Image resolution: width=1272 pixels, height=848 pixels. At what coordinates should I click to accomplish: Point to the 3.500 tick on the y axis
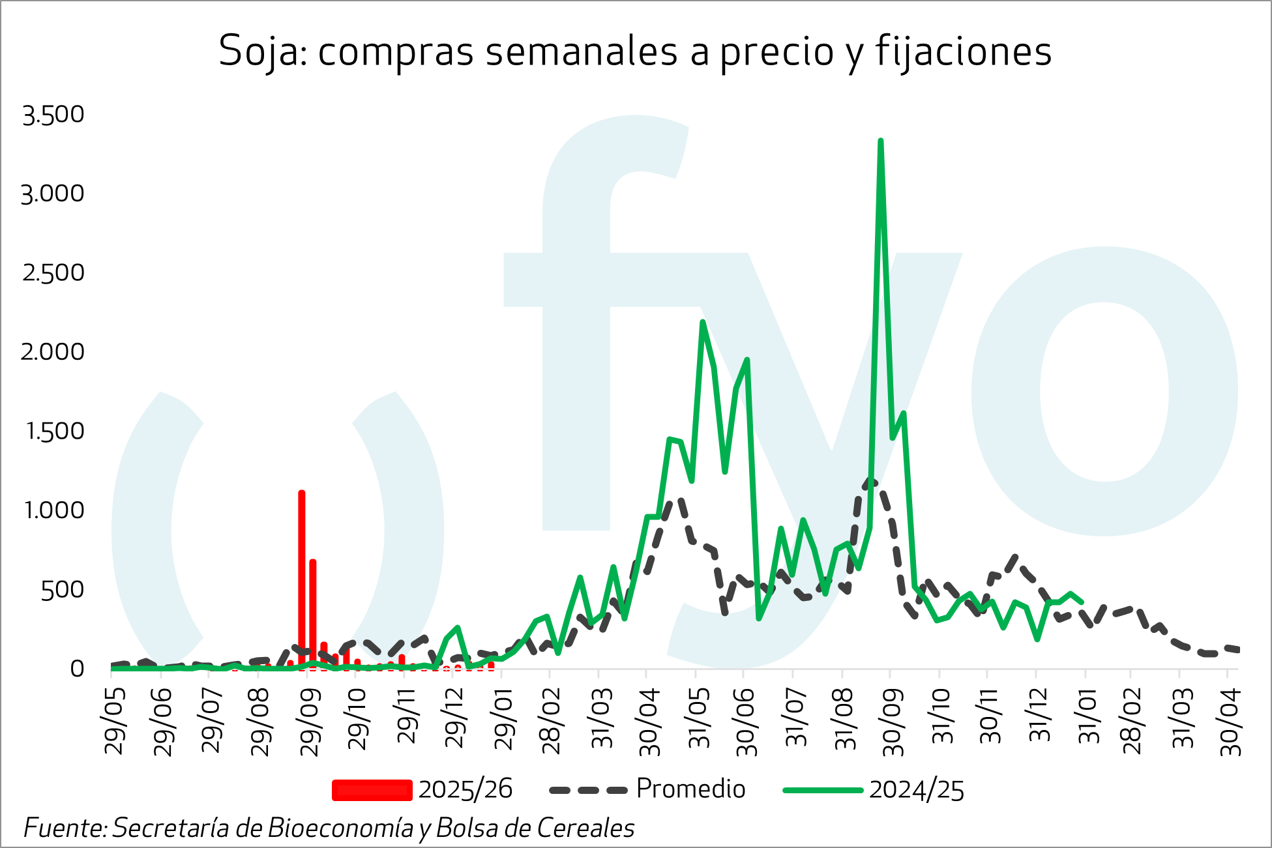(x=53, y=115)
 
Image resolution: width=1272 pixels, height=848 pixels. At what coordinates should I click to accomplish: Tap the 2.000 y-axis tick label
(x=53, y=352)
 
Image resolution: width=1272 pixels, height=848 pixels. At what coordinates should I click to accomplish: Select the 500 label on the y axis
(x=63, y=590)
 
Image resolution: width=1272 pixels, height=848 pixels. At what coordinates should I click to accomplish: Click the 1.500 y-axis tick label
(x=55, y=431)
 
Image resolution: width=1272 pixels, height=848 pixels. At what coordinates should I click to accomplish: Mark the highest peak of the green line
(x=881, y=141)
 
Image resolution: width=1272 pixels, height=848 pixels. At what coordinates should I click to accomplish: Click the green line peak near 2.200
(x=702, y=322)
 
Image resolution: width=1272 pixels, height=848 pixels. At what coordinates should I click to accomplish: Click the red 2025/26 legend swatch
(x=372, y=790)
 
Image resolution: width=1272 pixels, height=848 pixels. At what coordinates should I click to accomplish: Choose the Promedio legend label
(x=690, y=789)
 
